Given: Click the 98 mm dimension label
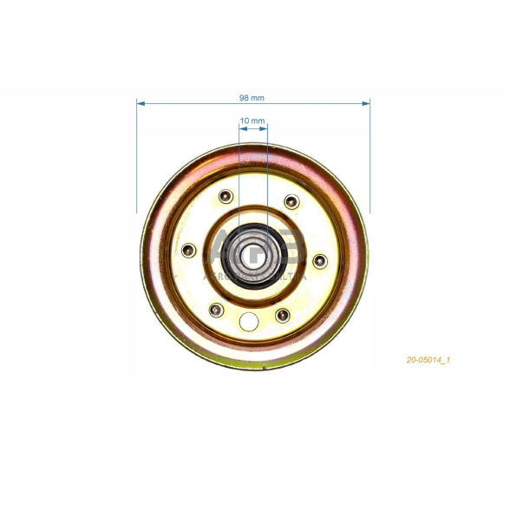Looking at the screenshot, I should [252, 96].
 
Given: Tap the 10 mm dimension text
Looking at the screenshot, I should [252, 121].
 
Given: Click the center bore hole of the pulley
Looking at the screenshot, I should [253, 254].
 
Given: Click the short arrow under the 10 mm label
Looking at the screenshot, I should [253, 128].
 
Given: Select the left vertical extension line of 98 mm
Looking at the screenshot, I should [137, 156].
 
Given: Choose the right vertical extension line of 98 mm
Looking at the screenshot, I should [370, 156].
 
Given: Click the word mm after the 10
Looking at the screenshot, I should [258, 121].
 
